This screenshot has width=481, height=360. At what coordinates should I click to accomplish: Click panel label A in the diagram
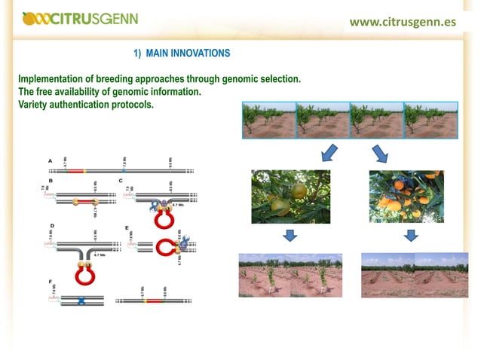(51, 161)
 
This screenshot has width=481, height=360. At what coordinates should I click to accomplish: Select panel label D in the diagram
(51, 226)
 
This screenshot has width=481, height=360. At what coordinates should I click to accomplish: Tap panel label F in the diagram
(51, 281)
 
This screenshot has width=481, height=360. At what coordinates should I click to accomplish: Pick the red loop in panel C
(164, 218)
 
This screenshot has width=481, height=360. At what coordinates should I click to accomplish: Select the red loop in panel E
(164, 248)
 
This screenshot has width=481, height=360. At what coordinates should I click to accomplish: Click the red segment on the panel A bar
(76, 171)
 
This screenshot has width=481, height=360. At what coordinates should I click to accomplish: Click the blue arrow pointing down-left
(329, 154)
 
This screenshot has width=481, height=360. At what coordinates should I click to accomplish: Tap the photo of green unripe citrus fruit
(290, 197)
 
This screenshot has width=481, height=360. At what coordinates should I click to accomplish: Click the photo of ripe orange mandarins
(406, 197)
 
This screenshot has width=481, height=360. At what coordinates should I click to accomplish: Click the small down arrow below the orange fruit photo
(410, 236)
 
